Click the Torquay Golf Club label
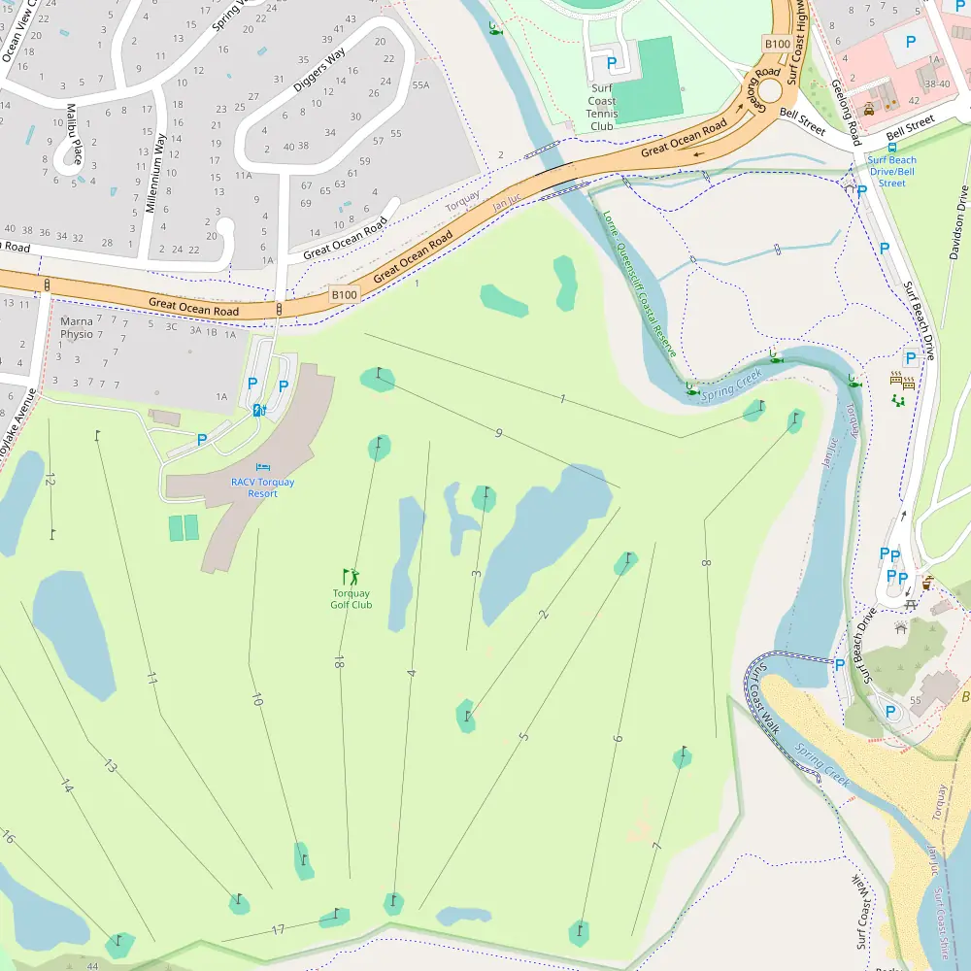point(351,599)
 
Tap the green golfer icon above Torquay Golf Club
point(351,577)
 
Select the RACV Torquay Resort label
point(262,487)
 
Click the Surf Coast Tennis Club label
point(602,107)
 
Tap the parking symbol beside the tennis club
point(611,63)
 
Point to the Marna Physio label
point(77,328)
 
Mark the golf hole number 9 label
point(498,433)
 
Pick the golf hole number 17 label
point(279,930)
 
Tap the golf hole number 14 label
point(66,785)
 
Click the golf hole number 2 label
point(544,614)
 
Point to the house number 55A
point(420,85)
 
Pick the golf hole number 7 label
point(657,847)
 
